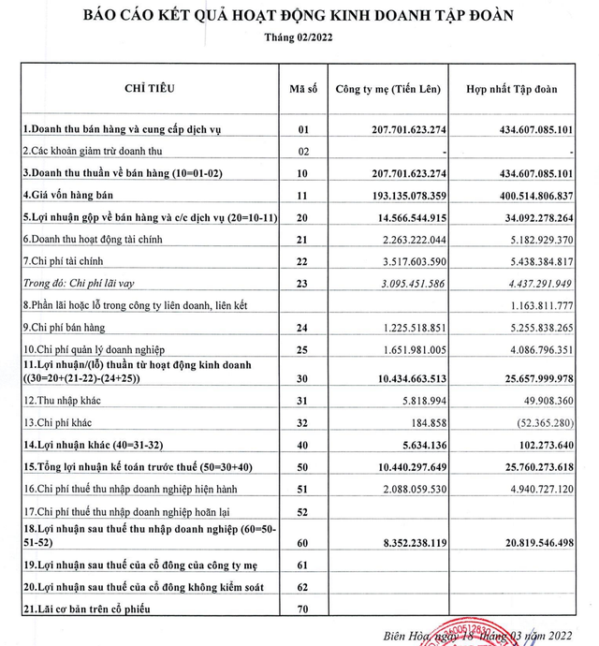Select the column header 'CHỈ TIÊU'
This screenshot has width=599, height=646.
pos(150,89)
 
